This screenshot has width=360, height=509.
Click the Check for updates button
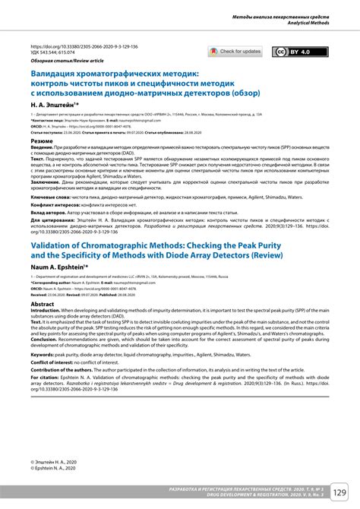pos(235,52)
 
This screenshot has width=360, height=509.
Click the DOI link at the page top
pos(84,46)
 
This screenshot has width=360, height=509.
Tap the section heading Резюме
pos(41,141)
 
